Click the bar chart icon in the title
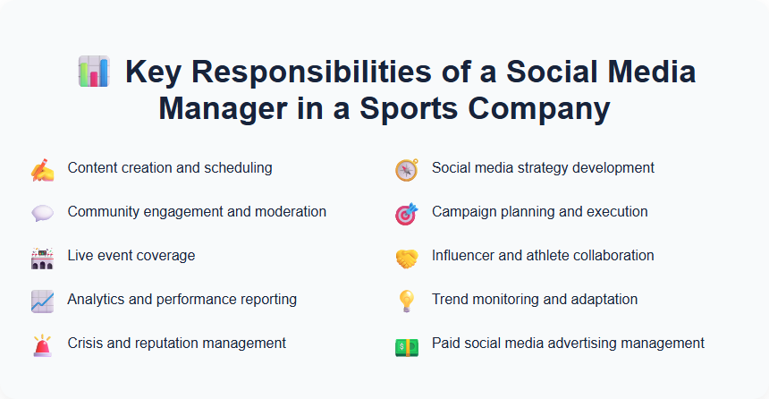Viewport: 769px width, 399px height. (94, 72)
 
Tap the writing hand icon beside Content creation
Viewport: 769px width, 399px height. (42, 169)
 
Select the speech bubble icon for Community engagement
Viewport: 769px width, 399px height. (42, 213)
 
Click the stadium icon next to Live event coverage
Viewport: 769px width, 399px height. (42, 258)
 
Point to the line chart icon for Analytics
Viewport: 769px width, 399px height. (42, 301)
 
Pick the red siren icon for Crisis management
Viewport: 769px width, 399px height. (42, 345)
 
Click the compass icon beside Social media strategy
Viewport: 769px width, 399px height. (407, 169)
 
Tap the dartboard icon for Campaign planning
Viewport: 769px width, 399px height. (407, 213)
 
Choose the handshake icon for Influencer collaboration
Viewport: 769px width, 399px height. (407, 258)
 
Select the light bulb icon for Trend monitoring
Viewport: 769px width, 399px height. (407, 301)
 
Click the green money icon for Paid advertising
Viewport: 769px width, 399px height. (407, 345)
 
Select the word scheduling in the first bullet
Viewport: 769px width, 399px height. (240, 168)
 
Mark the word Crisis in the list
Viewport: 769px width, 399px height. (86, 344)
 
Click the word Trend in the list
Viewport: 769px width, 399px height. (450, 300)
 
